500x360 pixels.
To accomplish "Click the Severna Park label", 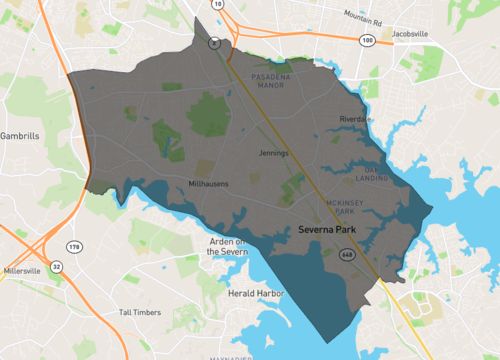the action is (330, 230).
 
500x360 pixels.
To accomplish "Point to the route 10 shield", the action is (219, 5).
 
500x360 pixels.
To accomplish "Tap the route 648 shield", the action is (347, 255).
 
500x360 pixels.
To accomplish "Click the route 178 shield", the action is (75, 246).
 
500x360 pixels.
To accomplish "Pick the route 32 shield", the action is (57, 267).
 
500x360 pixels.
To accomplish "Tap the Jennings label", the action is (272, 153).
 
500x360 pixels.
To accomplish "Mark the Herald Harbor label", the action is (256, 294).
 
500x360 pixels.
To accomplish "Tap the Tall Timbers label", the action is (139, 312).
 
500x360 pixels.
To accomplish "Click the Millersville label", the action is (22, 271).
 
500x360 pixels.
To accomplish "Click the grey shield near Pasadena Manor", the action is (213, 43).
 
